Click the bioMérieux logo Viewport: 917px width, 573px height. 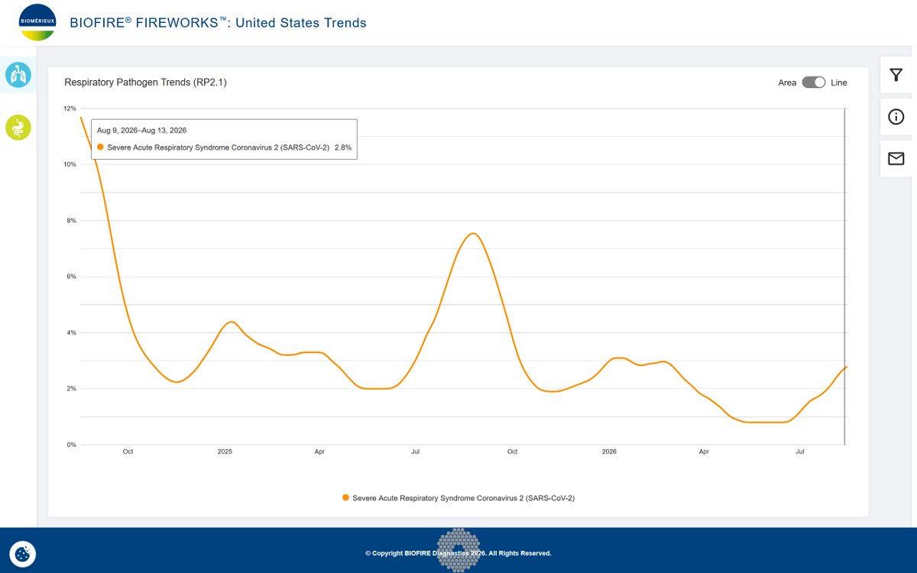coord(37,22)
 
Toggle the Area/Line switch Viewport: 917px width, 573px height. coord(813,83)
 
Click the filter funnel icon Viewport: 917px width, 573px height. coord(896,75)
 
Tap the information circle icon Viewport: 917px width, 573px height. coord(896,117)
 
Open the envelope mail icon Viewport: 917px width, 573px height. coord(896,158)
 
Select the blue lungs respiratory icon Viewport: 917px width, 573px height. coord(18,75)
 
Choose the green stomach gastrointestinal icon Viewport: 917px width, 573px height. coord(18,128)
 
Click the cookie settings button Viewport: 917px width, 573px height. coord(22,554)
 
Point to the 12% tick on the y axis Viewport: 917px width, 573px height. coord(70,108)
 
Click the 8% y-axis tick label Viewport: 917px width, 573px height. coord(71,220)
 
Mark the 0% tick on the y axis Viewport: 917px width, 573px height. coord(71,445)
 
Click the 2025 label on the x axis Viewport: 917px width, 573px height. coord(225,452)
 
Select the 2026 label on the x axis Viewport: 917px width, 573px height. coord(609,452)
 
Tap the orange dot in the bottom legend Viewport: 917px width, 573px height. coord(345,497)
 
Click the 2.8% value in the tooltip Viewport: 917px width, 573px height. coord(343,147)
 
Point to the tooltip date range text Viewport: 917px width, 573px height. coord(141,130)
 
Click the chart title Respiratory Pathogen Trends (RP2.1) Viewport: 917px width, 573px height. coord(145,83)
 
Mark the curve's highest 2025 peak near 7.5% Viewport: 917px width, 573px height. coord(473,233)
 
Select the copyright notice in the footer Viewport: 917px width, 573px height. coord(458,553)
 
